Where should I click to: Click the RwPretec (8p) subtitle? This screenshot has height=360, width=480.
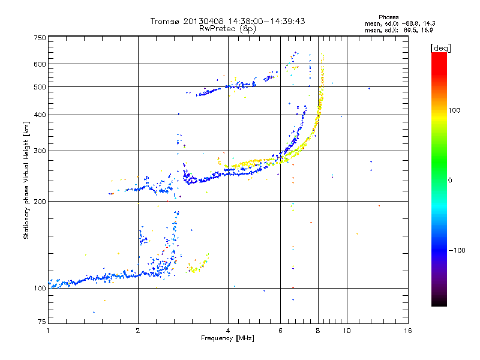click(x=227, y=28)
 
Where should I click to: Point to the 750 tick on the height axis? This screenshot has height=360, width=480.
click(x=40, y=38)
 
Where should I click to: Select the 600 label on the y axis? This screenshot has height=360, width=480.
click(x=40, y=64)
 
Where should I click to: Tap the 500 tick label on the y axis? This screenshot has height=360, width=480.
click(x=40, y=87)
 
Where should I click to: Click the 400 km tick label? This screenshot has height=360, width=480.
click(x=40, y=115)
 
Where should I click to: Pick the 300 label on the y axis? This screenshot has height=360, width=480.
click(x=40, y=151)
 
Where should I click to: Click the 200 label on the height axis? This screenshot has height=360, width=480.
click(x=40, y=202)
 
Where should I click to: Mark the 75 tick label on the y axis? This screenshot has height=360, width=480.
click(x=42, y=322)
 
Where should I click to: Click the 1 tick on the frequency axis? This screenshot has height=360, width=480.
click(x=48, y=331)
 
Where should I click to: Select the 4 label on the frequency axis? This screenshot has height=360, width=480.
click(x=228, y=331)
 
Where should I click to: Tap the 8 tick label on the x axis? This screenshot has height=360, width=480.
click(x=318, y=331)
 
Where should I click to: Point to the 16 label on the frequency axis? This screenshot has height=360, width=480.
click(x=408, y=331)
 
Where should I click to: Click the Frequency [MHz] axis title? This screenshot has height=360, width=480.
click(x=227, y=338)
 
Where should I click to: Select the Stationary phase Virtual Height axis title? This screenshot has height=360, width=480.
click(x=26, y=181)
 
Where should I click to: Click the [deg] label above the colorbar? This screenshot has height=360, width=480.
click(x=440, y=49)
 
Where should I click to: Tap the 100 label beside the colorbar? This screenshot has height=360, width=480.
click(x=454, y=110)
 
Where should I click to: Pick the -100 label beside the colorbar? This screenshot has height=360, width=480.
click(x=457, y=250)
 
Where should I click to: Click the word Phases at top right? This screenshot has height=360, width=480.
click(x=388, y=17)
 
